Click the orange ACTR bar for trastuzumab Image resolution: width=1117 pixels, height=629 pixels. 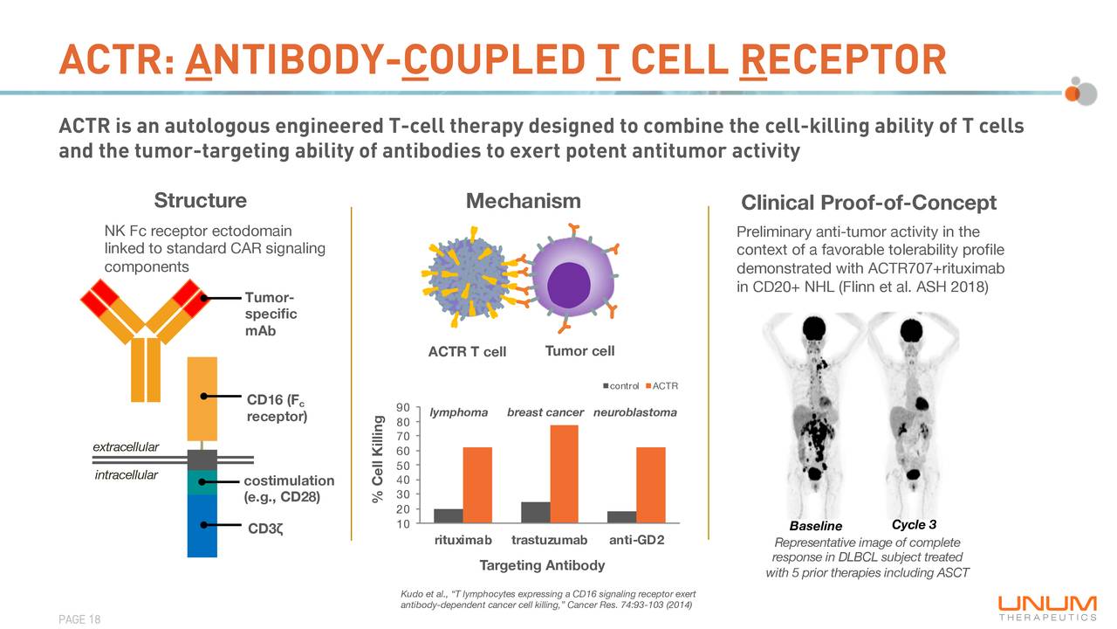click(564, 473)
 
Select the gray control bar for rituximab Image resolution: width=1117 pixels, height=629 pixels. click(449, 515)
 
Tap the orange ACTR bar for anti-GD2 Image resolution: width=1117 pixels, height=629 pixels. click(651, 485)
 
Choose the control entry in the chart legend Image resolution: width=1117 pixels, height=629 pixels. click(623, 386)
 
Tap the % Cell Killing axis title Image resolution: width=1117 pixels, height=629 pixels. click(378, 460)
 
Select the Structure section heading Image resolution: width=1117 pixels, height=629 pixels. click(200, 201)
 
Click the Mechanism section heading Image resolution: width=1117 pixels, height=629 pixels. click(523, 202)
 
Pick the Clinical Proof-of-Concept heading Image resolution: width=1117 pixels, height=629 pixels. click(867, 204)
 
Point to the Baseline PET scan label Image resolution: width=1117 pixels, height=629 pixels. click(815, 526)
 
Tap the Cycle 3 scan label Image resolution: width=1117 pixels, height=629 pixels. click(914, 524)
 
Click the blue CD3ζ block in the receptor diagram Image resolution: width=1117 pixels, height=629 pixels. click(202, 525)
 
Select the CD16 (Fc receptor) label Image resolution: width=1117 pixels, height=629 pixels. click(277, 408)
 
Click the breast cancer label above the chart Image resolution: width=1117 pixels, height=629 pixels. click(544, 412)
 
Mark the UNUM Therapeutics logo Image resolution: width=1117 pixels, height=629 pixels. click(1047, 606)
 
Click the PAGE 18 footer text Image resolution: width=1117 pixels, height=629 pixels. click(79, 619)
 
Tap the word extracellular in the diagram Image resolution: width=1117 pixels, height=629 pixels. click(127, 447)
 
